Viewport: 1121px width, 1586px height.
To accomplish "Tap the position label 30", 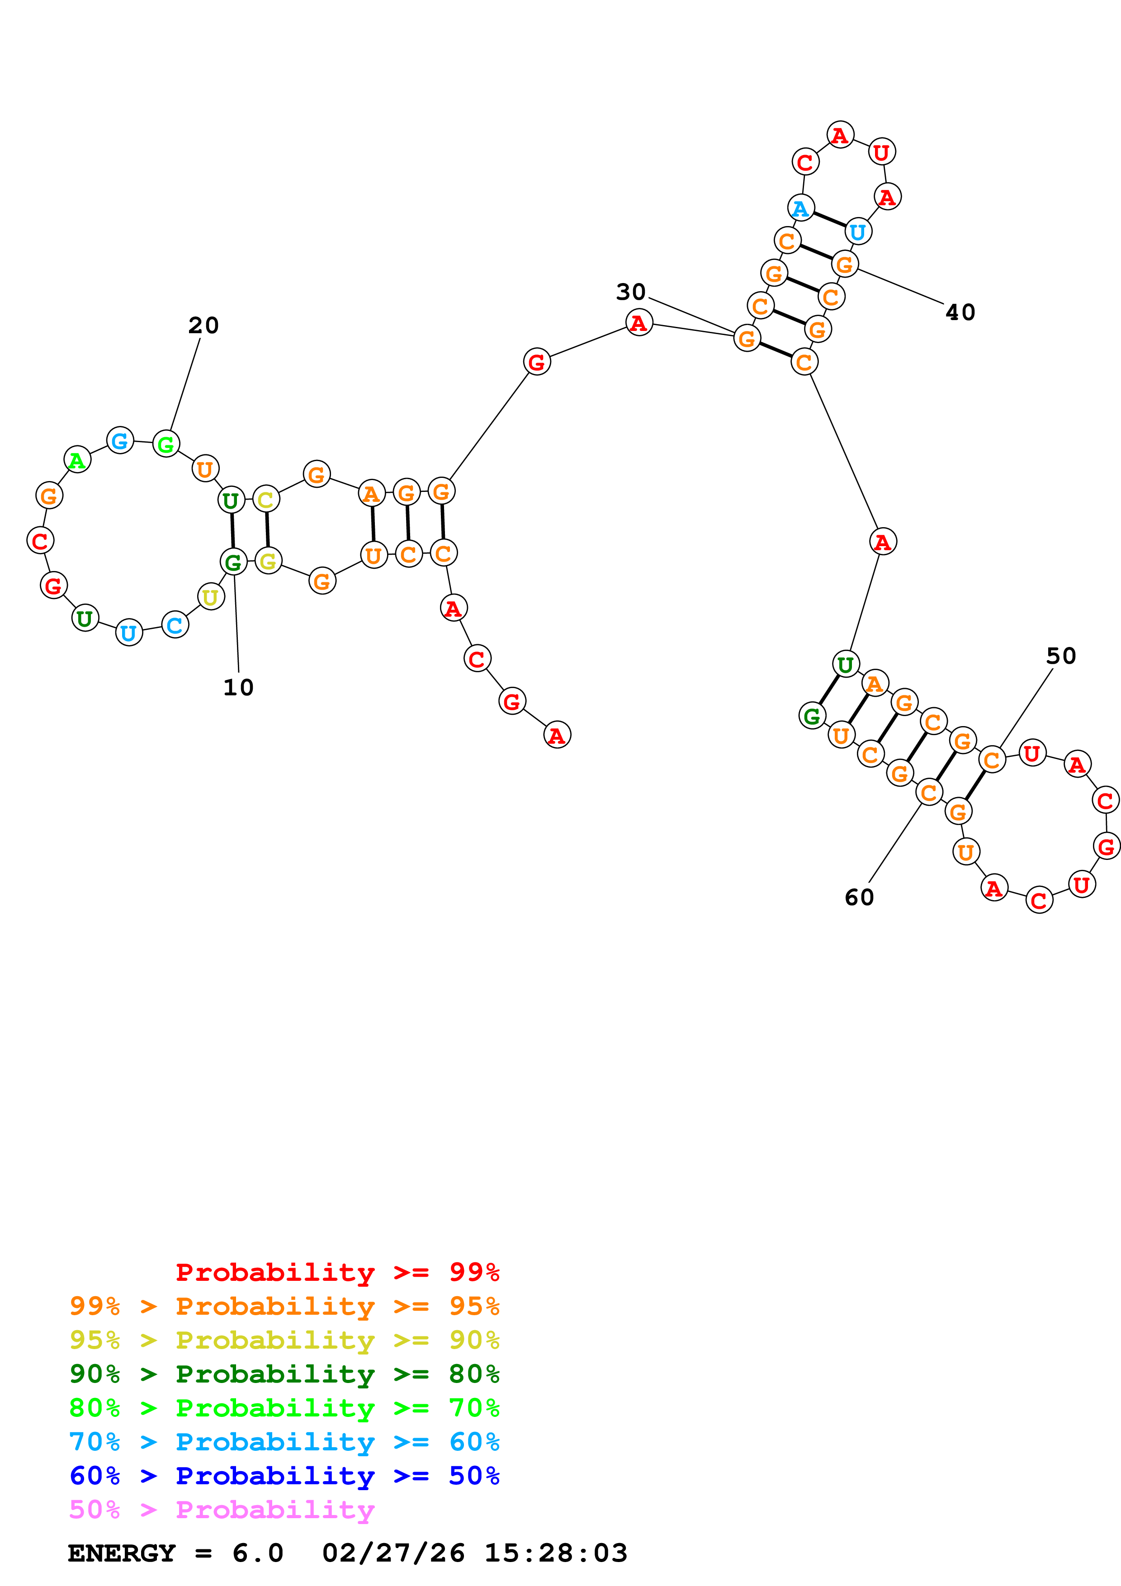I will coord(631,292).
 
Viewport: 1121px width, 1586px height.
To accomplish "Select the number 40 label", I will coord(960,312).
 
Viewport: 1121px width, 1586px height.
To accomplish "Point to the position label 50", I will coord(1061,656).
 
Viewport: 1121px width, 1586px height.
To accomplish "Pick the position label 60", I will coord(859,897).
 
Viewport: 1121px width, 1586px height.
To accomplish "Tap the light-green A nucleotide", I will coord(77,459).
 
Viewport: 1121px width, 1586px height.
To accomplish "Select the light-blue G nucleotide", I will coord(120,440).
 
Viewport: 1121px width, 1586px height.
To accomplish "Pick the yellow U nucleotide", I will coord(211,596).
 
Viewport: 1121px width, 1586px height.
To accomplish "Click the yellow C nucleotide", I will coord(266,500).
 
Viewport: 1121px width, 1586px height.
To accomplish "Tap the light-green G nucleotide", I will coord(166,444).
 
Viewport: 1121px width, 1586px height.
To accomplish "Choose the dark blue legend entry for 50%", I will coord(284,1476).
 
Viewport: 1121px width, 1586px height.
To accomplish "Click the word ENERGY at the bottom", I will coord(122,1553).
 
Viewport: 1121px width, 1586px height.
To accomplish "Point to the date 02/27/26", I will coord(393,1553).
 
